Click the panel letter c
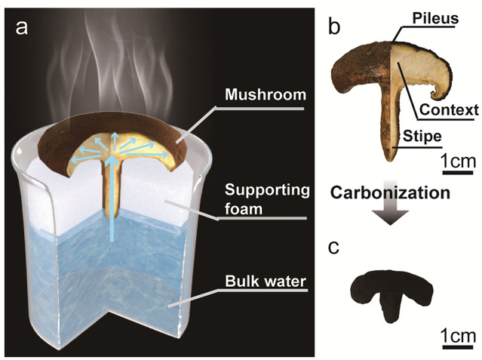tap(335, 249)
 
